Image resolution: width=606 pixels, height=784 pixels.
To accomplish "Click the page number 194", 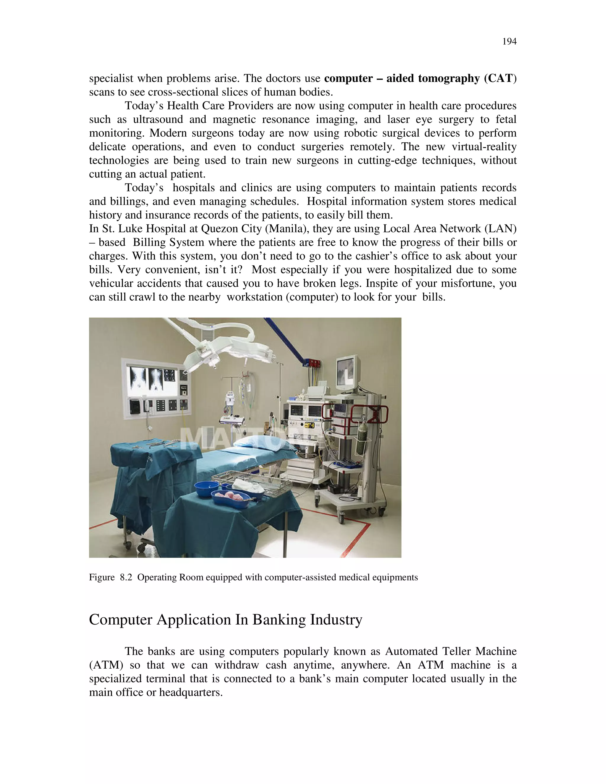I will pos(509,42).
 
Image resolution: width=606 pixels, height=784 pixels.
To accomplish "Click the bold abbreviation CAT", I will pos(500,78).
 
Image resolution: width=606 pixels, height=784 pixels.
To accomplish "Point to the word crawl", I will pos(141,297).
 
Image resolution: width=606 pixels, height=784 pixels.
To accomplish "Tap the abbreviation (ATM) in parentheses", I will pos(106,665).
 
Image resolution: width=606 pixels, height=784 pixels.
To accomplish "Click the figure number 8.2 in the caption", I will pos(126,577).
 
